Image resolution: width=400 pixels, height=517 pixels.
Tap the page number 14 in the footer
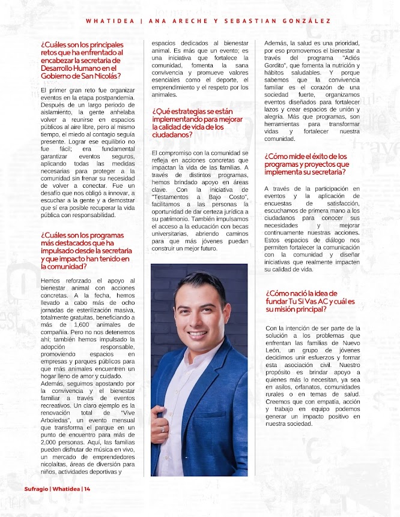pyautogui.click(x=87, y=489)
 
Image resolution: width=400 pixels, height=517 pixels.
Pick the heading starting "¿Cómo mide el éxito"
pyautogui.click(x=306, y=164)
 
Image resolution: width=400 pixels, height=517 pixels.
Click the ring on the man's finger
pyautogui.click(x=163, y=429)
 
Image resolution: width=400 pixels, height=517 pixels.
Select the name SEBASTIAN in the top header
pyautogui.click(x=253, y=20)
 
